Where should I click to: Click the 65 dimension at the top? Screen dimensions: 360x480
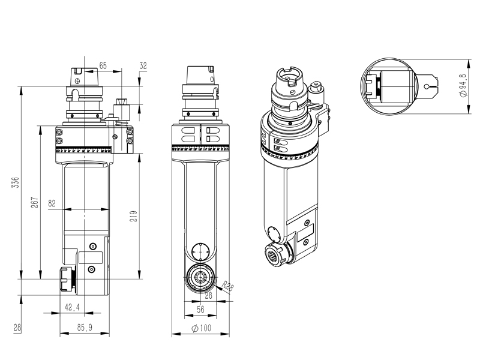(x=104, y=65)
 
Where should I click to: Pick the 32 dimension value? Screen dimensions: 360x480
(x=143, y=65)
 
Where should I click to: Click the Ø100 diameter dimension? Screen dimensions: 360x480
(x=202, y=329)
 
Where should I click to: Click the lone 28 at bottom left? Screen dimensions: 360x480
(x=16, y=328)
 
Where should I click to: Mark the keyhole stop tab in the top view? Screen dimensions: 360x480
(x=430, y=86)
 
